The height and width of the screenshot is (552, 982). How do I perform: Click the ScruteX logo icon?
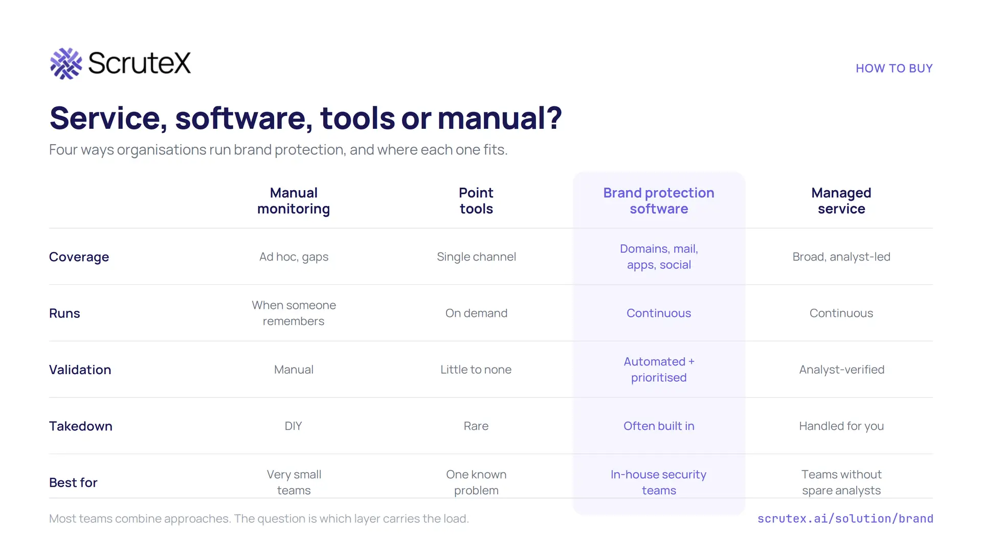tap(66, 63)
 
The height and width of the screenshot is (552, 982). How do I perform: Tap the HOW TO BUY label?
tap(894, 68)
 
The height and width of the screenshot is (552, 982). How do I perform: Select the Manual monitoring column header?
tap(294, 201)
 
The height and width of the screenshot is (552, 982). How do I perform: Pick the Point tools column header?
tap(476, 201)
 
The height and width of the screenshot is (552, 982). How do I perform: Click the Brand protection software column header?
tap(659, 201)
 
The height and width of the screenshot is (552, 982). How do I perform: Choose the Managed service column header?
tap(841, 201)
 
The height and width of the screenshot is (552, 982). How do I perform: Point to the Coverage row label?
tap(79, 257)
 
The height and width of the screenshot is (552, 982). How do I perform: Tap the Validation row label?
tap(80, 370)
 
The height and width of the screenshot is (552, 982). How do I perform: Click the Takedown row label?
tap(81, 426)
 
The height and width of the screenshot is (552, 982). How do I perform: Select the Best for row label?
tap(73, 482)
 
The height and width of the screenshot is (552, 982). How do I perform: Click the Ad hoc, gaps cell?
tap(294, 257)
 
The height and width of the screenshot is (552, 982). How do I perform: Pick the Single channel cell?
tap(476, 257)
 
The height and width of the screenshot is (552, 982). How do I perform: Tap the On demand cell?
tap(476, 313)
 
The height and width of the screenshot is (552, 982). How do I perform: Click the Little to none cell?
tap(476, 370)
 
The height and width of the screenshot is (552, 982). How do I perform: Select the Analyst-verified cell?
tap(841, 370)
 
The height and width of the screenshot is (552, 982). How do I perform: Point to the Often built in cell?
tap(659, 426)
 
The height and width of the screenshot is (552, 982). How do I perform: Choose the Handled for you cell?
tap(841, 426)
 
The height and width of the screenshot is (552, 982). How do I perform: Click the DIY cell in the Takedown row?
tap(294, 426)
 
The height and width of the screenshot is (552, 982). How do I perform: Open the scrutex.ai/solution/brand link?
tap(845, 519)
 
